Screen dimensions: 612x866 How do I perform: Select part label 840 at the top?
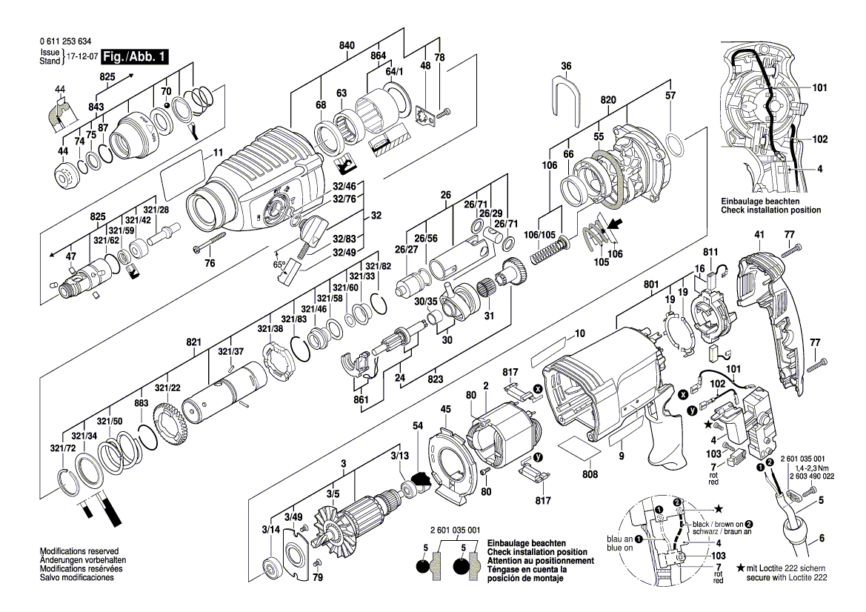coord(347,45)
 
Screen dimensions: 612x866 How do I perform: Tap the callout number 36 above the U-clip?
coord(566,66)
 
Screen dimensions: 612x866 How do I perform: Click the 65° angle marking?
coord(280,264)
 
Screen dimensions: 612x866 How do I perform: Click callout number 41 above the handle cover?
coord(759,235)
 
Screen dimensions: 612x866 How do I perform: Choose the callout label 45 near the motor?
coord(445,409)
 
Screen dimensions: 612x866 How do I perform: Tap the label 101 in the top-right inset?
coord(819,87)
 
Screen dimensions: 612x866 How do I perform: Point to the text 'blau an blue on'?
coord(619,544)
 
